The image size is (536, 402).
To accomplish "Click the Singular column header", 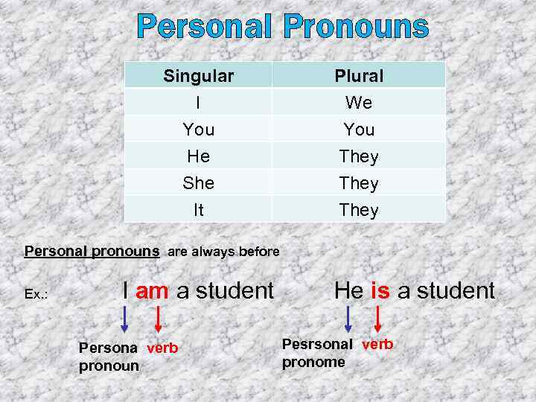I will point(198,76).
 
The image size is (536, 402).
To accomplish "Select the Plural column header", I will point(359,76).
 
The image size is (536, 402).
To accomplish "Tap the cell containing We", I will point(359,103).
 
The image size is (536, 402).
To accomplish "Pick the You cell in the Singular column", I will point(198,130).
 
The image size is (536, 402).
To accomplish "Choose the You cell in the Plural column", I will point(359,130).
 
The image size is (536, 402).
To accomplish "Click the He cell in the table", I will point(198,156).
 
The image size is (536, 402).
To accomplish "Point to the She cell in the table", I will point(198,183).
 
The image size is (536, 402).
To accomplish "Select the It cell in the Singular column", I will point(198,210).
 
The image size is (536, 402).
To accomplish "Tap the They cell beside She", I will point(359,183).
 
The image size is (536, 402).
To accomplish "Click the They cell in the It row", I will point(359,210).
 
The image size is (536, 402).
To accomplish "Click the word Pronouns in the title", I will point(356,28).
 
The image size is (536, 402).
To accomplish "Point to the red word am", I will point(152,291).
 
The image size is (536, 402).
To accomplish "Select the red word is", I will point(380,290).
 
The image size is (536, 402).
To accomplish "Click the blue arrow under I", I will point(125,319).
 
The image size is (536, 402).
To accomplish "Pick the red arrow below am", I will point(157,319).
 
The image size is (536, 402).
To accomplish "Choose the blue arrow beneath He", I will point(348,319).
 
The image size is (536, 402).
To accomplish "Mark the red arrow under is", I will point(378,319).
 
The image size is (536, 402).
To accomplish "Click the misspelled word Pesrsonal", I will point(318,345).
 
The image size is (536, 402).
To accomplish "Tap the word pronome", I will point(313,362).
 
